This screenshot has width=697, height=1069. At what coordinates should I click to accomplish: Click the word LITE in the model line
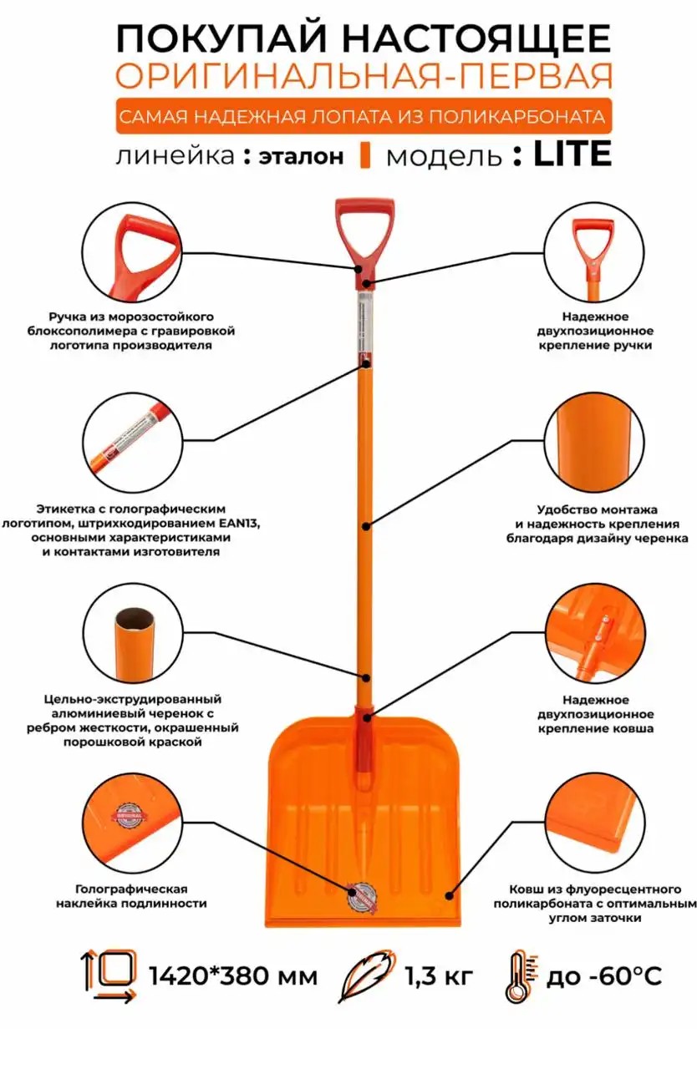tap(572, 154)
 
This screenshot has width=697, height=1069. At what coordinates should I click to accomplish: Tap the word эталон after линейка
tap(301, 156)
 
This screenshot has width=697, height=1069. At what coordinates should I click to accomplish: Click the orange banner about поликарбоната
tap(364, 116)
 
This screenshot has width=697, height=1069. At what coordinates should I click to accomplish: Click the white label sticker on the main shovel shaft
tap(366, 325)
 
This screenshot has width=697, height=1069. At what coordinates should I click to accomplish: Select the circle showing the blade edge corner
tap(595, 823)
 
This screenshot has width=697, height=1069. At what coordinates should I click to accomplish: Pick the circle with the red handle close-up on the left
tap(132, 251)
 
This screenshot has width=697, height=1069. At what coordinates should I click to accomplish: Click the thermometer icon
tap(521, 977)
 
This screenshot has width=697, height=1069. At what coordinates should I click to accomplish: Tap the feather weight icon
tap(367, 976)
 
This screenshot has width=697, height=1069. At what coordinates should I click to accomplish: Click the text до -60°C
tap(604, 976)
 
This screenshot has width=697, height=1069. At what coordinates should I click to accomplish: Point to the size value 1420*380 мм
tap(233, 976)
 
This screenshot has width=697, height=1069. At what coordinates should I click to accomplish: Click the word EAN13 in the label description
tap(239, 523)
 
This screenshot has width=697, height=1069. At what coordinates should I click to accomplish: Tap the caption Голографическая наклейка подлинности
tap(131, 896)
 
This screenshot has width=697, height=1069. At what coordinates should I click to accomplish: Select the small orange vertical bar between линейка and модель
tap(365, 155)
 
